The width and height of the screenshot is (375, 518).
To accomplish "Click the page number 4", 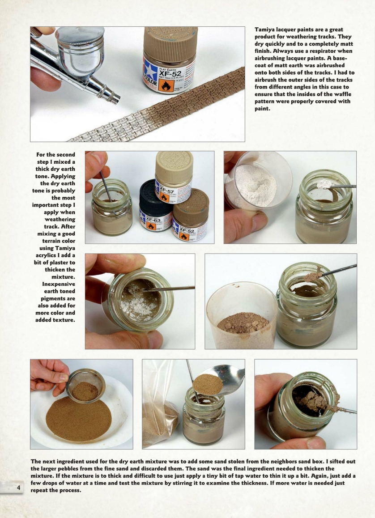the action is (18, 488).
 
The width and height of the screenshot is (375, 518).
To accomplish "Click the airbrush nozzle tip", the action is (117, 99).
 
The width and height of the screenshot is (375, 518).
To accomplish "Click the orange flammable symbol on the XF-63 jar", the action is (151, 226).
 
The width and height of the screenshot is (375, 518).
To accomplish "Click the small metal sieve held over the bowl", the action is (85, 386).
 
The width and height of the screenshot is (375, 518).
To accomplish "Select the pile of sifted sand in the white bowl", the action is (79, 419).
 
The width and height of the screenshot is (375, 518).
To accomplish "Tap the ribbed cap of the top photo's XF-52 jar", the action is (170, 43).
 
